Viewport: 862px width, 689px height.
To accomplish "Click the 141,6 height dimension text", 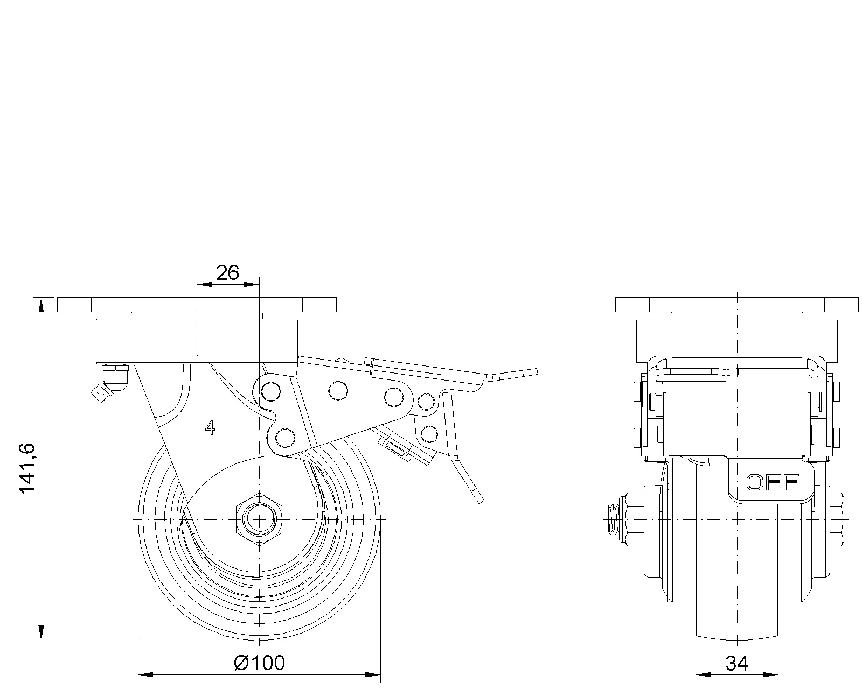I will (x=27, y=467).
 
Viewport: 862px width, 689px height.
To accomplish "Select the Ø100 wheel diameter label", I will (x=260, y=663).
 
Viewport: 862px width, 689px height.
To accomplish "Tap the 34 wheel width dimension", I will (x=736, y=664).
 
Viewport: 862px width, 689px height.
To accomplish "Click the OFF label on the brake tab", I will (x=772, y=483).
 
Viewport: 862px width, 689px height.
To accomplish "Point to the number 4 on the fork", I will (x=210, y=428).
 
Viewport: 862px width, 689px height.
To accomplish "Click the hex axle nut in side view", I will (x=259, y=519).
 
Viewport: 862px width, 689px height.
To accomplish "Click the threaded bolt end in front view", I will (x=612, y=519).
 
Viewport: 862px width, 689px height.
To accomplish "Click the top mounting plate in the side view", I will (x=197, y=304).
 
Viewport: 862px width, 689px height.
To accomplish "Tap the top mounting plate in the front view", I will (x=736, y=304).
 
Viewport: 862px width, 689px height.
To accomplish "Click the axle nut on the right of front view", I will (x=837, y=519).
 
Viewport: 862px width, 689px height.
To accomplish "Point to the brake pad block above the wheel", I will (x=399, y=448).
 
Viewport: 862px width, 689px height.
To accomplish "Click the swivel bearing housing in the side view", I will (x=197, y=341).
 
